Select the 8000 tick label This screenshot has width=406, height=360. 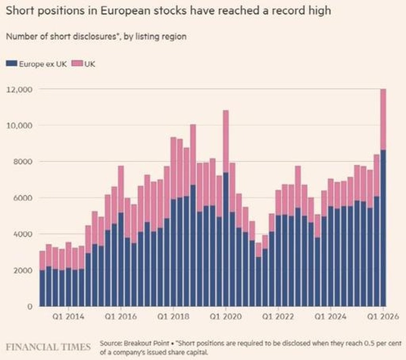pyautogui.click(x=23, y=162)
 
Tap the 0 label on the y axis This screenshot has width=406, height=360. pyautogui.click(x=30, y=307)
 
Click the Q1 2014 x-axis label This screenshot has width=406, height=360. pyautogui.click(x=68, y=317)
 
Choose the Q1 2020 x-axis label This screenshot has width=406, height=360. pyautogui.click(x=226, y=317)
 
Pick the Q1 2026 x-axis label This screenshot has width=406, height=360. pyautogui.click(x=383, y=317)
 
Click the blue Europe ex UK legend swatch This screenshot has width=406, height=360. pyautogui.click(x=12, y=64)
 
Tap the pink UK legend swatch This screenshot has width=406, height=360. pyautogui.click(x=78, y=64)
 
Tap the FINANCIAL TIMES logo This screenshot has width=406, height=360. pyautogui.click(x=48, y=347)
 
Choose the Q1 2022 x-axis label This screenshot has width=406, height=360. pyautogui.click(x=278, y=317)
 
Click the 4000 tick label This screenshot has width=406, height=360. pyautogui.click(x=23, y=234)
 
